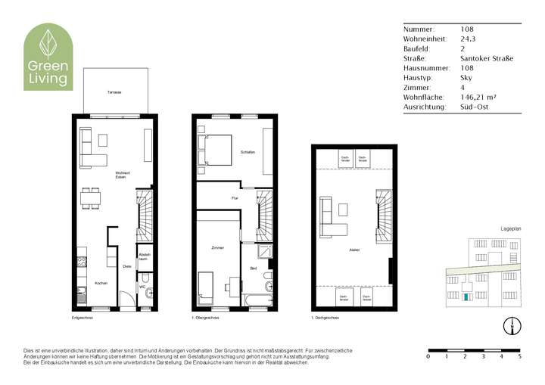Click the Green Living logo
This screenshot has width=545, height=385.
tap(48, 57)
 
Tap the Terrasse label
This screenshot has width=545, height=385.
tap(114, 92)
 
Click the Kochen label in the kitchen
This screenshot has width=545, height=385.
tap(101, 283)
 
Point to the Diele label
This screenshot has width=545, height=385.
tap(127, 265)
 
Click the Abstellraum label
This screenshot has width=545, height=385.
tap(144, 256)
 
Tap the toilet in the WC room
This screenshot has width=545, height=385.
tap(148, 293)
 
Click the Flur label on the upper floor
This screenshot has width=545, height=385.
tap(235, 198)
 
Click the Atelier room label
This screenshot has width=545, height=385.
tap(353, 249)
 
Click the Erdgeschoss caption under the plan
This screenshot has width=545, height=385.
tap(83, 318)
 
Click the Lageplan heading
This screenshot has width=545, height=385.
tap(511, 228)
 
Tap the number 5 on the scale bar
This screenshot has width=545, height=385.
tap(519, 356)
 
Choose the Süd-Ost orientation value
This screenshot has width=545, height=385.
tap(474, 107)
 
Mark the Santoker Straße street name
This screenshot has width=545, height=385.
tap(487, 58)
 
